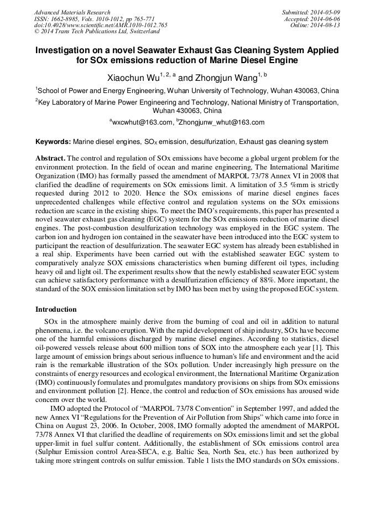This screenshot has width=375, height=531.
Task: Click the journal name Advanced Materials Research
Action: [72, 12]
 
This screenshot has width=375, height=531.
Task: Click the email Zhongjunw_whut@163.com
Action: [221, 122]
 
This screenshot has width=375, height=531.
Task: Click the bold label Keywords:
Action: [53, 142]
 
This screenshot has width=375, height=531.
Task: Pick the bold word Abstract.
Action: [50, 158]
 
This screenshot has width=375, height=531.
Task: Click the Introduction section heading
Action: [56, 309]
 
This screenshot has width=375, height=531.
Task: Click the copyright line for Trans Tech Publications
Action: [97, 32]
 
